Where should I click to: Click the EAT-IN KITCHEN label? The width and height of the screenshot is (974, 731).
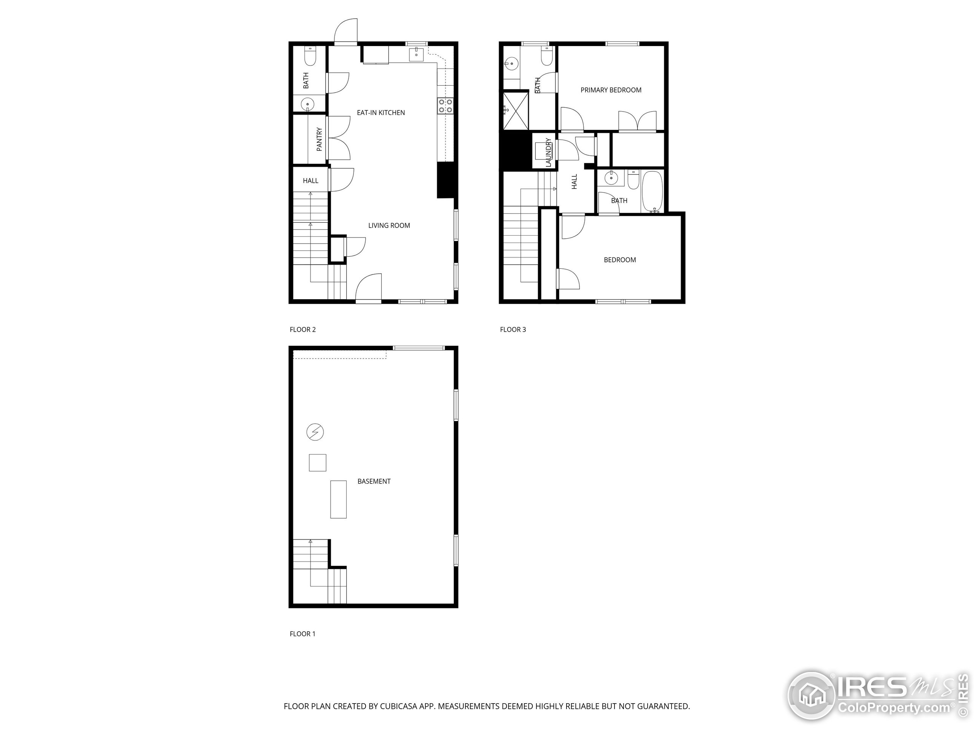(x=380, y=113)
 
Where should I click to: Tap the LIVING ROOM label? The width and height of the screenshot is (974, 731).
(x=389, y=226)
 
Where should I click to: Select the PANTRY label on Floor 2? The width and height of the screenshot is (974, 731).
(x=319, y=139)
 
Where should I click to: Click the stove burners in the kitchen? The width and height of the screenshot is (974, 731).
(x=445, y=106)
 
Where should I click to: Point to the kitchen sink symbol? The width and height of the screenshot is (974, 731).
(x=416, y=55)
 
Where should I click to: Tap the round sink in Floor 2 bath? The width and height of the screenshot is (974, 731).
(x=307, y=104)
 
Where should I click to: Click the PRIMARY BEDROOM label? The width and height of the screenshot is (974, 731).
(x=611, y=90)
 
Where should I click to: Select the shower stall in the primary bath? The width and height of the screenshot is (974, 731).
(x=515, y=110)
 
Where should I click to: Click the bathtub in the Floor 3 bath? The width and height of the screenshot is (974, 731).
(x=652, y=191)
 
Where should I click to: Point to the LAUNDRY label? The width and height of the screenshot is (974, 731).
(x=548, y=152)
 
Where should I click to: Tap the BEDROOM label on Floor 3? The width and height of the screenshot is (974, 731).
(x=619, y=260)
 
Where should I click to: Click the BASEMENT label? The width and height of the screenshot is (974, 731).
(x=374, y=482)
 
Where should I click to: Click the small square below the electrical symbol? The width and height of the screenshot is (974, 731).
(x=317, y=463)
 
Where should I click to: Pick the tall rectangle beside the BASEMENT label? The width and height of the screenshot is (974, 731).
(x=338, y=499)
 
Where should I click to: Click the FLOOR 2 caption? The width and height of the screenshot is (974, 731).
(x=302, y=330)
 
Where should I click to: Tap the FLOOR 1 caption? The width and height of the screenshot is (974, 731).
(x=302, y=634)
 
